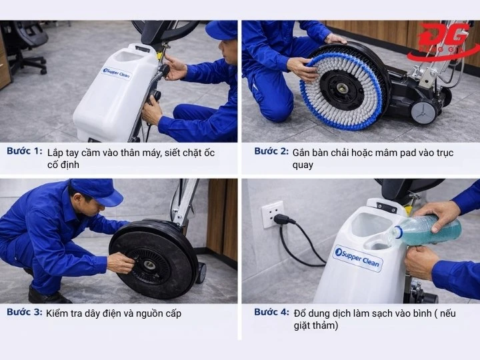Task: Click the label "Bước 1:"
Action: pyautogui.click(x=25, y=151)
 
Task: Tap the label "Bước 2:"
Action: pyautogui.click(x=271, y=151)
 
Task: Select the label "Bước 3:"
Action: pyautogui.click(x=25, y=312)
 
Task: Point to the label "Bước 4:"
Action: pyautogui.click(x=271, y=312)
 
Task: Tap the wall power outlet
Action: pyautogui.click(x=272, y=214)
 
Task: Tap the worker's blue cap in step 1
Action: pyautogui.click(x=221, y=29)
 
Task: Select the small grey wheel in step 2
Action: pyautogui.click(x=425, y=111)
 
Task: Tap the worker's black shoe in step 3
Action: pyautogui.click(x=48, y=295)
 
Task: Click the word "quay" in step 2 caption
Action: pyautogui.click(x=303, y=165)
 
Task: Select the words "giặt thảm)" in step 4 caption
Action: pyautogui.click(x=316, y=325)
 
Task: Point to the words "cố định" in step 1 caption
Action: pyautogui.click(x=63, y=165)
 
